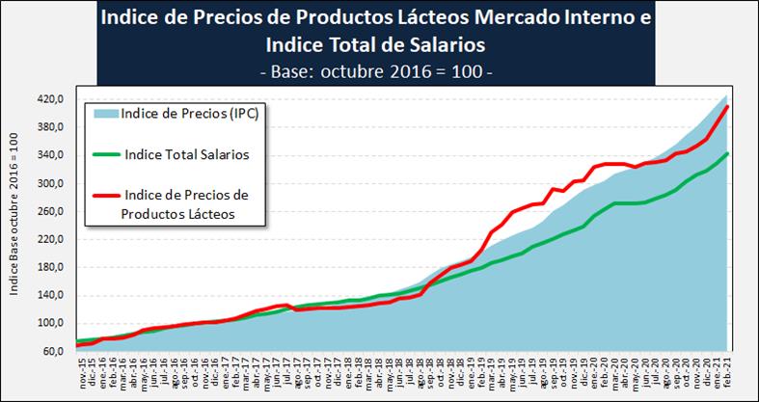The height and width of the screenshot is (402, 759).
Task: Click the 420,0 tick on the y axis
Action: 50,99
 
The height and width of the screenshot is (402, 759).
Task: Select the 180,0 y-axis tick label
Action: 50,267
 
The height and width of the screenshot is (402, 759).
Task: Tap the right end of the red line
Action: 727,105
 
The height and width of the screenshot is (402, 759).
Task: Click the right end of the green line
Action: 727,152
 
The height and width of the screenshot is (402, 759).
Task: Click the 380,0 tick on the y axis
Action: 50,127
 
